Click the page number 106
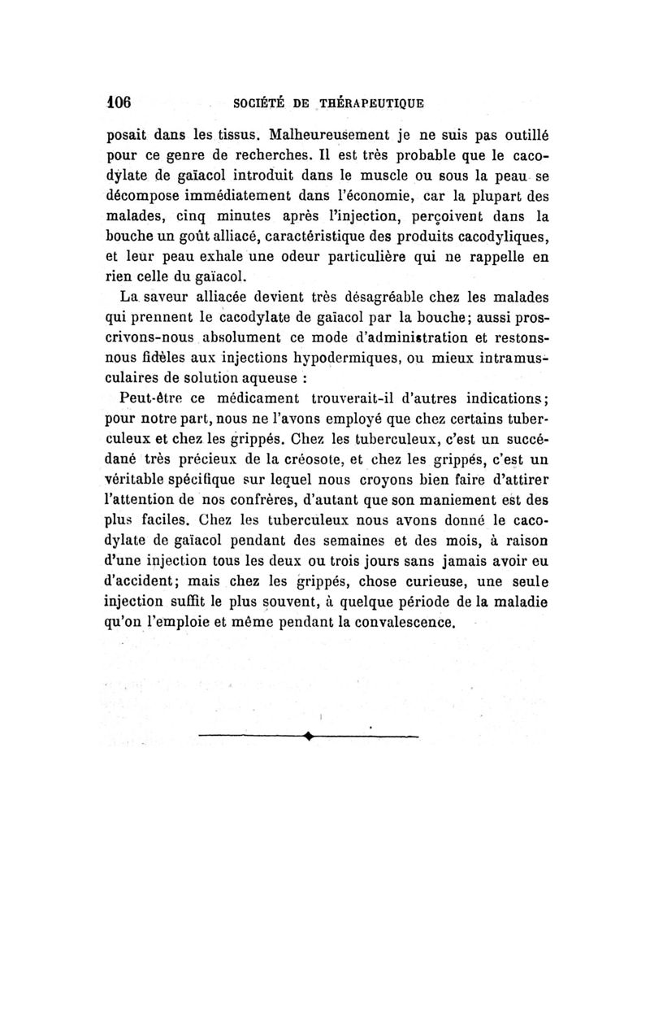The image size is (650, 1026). coord(119,103)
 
